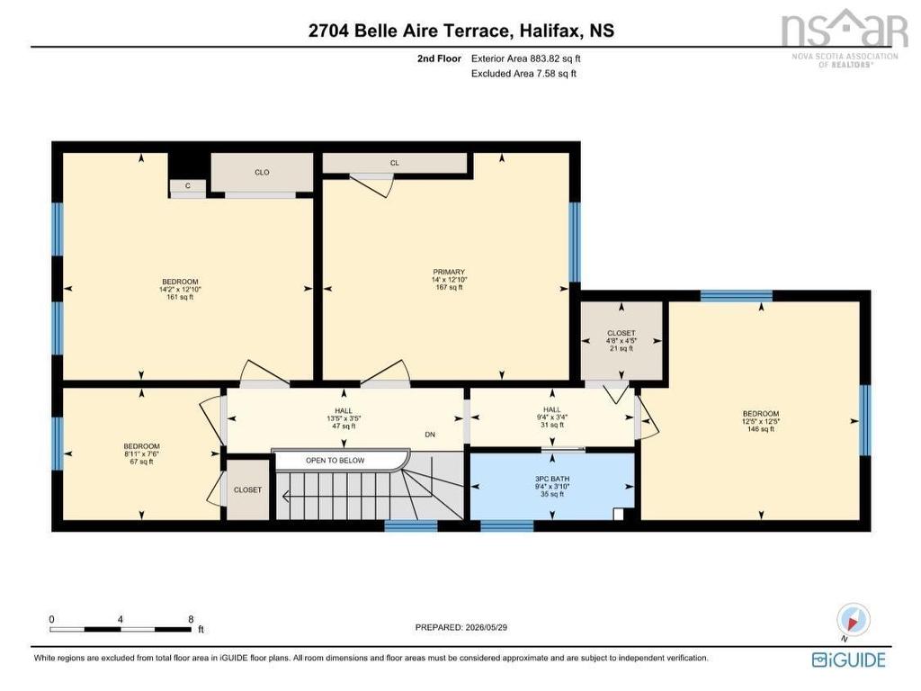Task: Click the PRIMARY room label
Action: click(x=450, y=272)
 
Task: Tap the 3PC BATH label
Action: click(x=552, y=479)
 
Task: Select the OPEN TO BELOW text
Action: click(x=335, y=461)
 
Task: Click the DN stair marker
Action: click(x=430, y=435)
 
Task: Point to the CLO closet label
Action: click(x=262, y=173)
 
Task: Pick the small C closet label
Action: click(x=188, y=186)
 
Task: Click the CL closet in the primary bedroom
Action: click(x=395, y=164)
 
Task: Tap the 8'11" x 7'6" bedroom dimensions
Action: click(x=141, y=454)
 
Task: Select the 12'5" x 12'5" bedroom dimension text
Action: click(x=761, y=421)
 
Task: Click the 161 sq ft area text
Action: click(x=180, y=297)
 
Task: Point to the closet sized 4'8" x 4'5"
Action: click(x=621, y=341)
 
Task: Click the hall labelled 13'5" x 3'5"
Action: click(x=344, y=419)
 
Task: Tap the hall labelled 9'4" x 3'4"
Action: click(x=552, y=417)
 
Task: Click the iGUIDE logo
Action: click(x=849, y=660)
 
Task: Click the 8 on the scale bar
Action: click(x=191, y=619)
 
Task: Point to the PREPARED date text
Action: click(x=461, y=627)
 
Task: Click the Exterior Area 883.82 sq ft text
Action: click(x=525, y=58)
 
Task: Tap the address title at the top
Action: click(x=461, y=31)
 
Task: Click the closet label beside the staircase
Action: click(x=248, y=490)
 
